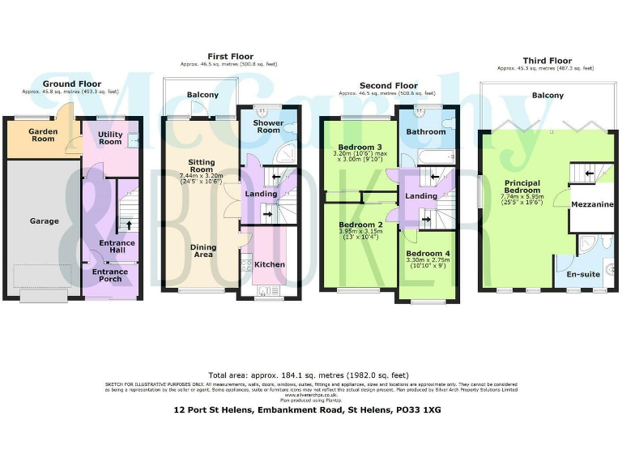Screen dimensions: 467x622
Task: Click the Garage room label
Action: (44, 221)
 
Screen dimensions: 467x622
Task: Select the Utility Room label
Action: (110, 138)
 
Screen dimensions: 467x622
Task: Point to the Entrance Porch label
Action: (109, 276)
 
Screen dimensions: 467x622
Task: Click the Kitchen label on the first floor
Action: (270, 264)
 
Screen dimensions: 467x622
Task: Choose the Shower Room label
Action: (266, 126)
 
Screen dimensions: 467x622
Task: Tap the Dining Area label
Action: (202, 251)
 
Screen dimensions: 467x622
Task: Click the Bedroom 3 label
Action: (360, 147)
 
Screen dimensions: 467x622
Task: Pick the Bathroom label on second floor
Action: (425, 131)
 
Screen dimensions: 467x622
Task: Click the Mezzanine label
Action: (592, 205)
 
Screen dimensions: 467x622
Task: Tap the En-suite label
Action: (582, 274)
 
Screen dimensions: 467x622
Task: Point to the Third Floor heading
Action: (547, 61)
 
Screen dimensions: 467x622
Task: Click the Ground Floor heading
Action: (71, 84)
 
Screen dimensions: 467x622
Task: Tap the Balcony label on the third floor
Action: (547, 96)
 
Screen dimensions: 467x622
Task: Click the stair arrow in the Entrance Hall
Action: (126, 224)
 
